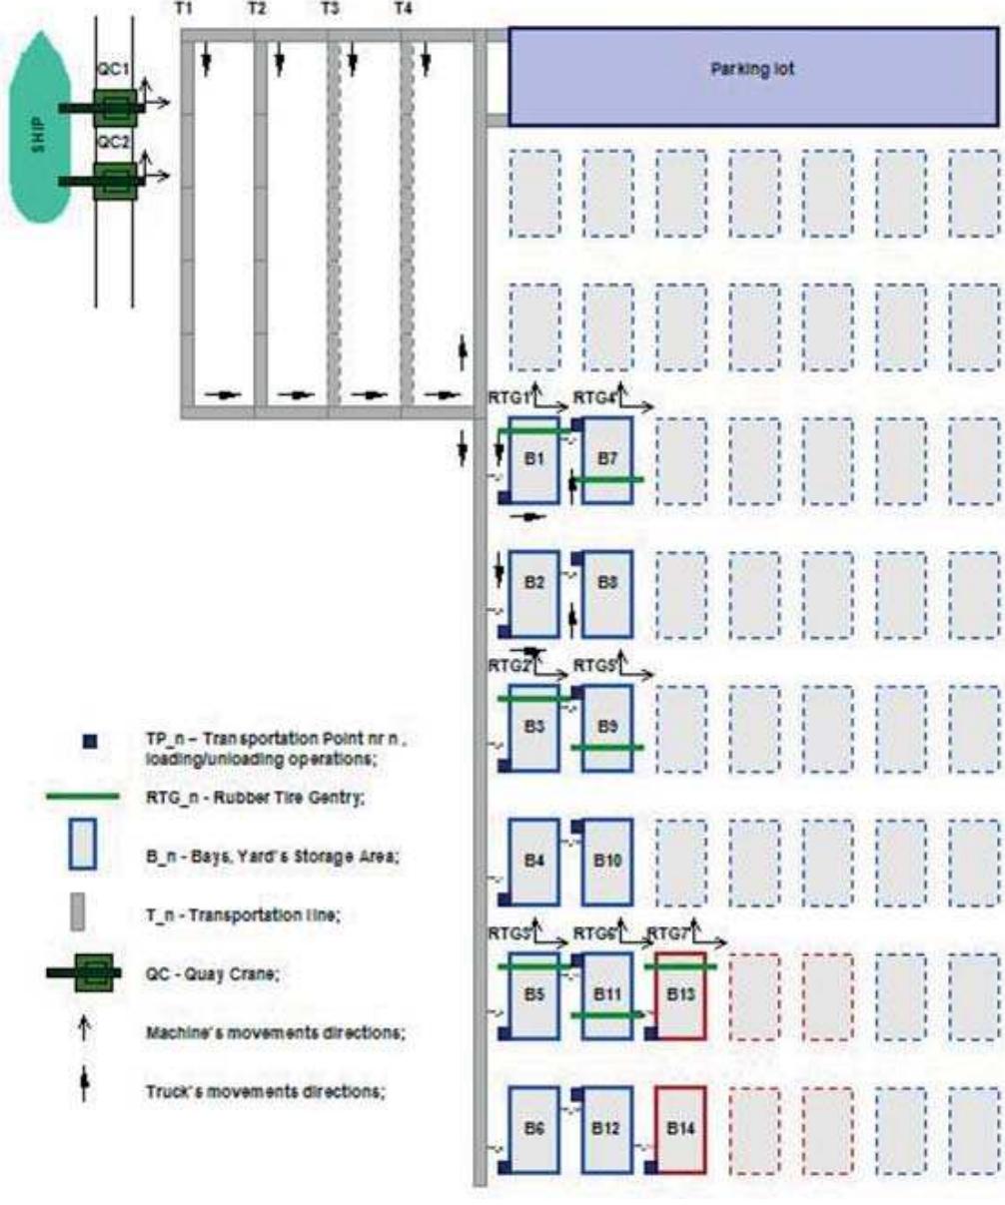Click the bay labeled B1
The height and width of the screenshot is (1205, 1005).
pos(533,460)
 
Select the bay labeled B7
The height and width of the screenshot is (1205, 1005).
pos(607,460)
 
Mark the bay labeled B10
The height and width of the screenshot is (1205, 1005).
pos(607,862)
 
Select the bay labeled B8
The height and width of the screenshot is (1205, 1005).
pos(607,594)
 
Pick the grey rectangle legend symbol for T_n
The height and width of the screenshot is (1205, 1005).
pos(80,911)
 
